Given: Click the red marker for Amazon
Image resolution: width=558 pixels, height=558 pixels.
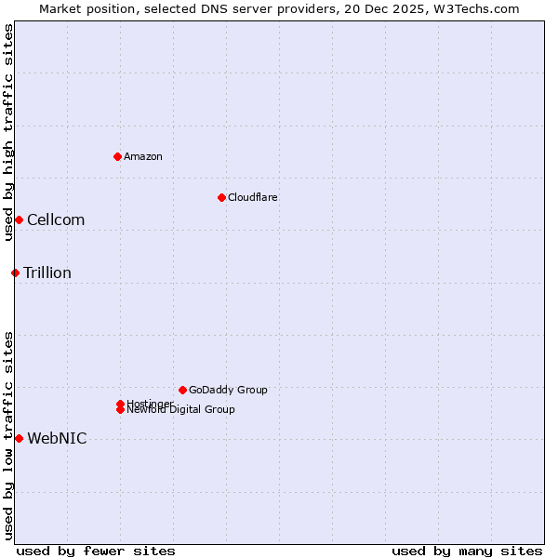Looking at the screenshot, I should click(x=117, y=156).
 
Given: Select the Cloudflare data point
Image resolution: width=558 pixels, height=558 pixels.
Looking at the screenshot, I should click(x=221, y=197).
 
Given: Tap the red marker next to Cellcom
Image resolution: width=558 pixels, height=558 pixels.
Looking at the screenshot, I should click(x=19, y=219).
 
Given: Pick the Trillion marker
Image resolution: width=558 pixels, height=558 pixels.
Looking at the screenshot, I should click(x=15, y=272).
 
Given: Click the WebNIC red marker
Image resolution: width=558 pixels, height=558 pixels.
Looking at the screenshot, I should click(x=19, y=438).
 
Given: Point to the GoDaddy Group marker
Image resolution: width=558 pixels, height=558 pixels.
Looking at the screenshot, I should click(x=182, y=390).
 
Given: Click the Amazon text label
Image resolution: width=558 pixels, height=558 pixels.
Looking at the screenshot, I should click(x=142, y=156).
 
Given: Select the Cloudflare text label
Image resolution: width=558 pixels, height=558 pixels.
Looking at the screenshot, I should click(x=252, y=197).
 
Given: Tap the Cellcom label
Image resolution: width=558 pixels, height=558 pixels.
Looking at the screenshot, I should click(x=56, y=220).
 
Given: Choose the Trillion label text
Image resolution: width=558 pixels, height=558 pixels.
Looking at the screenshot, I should click(x=47, y=273).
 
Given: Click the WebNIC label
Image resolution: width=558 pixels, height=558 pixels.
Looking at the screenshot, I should click(x=57, y=439).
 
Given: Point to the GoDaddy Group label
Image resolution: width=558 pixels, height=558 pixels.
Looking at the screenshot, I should click(x=228, y=390).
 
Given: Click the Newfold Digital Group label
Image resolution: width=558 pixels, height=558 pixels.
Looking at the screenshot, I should click(x=181, y=410).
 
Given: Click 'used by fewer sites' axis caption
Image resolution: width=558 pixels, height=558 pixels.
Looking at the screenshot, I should click(x=96, y=551).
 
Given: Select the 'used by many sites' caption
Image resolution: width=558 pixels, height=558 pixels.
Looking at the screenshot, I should click(x=467, y=551).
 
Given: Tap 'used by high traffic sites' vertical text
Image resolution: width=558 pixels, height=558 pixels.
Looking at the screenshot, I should click(x=8, y=132).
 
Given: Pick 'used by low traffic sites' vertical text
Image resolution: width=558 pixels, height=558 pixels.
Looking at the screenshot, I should click(x=8, y=435).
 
